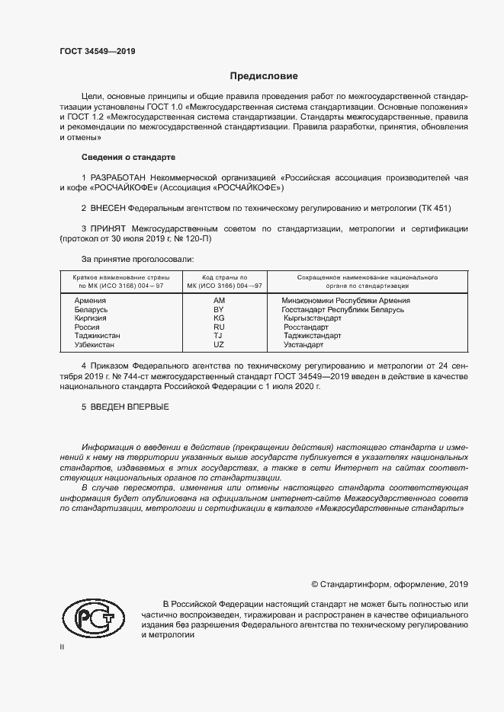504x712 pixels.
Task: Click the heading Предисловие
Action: coord(264,76)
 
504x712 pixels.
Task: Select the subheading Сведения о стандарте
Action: coord(128,157)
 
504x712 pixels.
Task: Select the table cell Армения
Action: coord(90,301)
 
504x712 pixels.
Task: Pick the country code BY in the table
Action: coord(219,310)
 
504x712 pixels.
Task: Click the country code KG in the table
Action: coord(219,318)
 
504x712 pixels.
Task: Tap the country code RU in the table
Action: coord(219,327)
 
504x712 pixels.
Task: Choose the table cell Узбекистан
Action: coord(95,345)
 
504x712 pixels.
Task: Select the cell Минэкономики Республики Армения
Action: coord(345,301)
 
